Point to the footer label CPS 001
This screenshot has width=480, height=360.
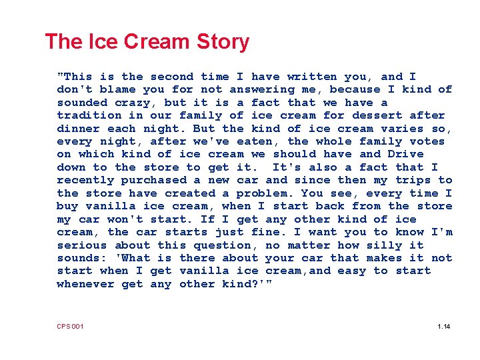click(70, 326)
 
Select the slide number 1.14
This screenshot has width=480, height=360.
click(444, 326)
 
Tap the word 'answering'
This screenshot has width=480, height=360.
click(262, 89)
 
